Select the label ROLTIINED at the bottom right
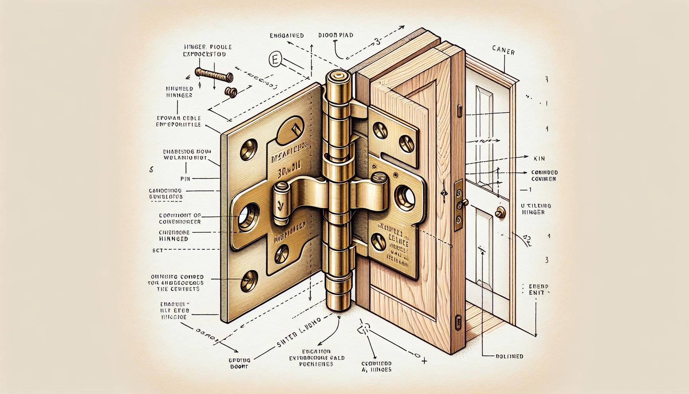click(x=508, y=356)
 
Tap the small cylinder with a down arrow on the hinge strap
click(x=281, y=202)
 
